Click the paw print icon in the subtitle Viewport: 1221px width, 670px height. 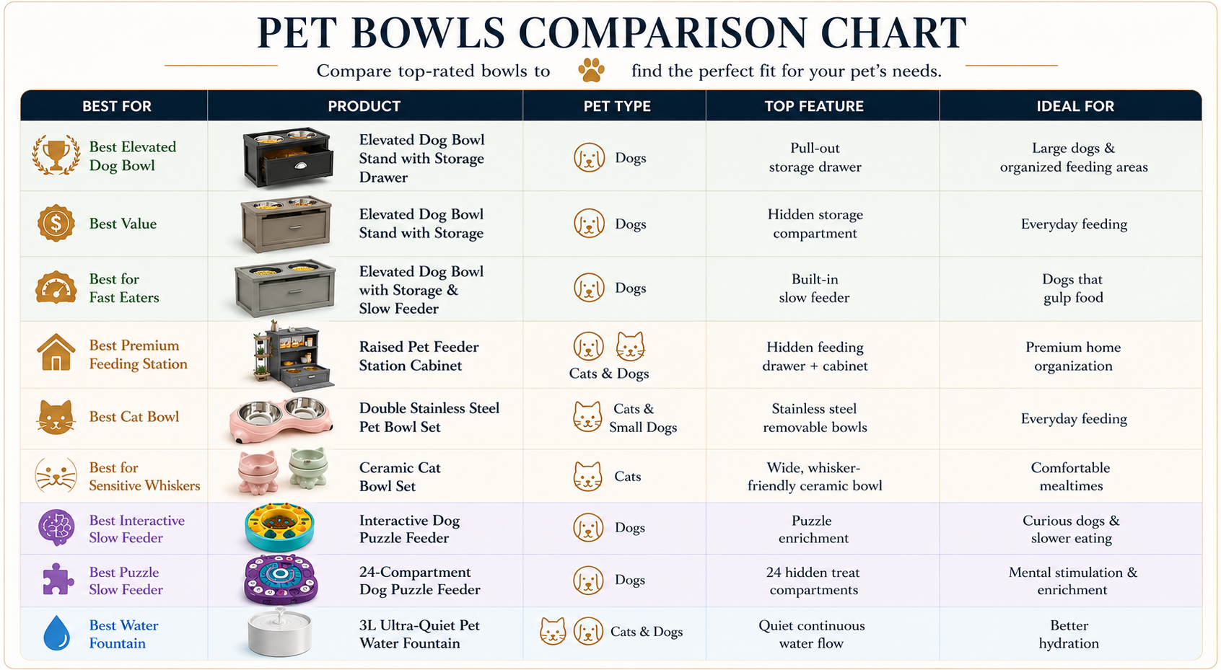click(x=591, y=70)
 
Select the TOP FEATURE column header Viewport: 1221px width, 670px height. click(x=814, y=106)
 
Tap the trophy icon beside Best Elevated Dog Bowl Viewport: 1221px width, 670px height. click(x=56, y=155)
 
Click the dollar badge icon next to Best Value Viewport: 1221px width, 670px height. click(x=56, y=224)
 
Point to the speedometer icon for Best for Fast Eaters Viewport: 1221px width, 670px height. click(x=56, y=287)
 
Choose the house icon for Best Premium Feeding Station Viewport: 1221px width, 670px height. click(x=56, y=353)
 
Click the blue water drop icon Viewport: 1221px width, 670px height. click(x=57, y=633)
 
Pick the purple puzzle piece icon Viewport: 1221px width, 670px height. click(x=57, y=580)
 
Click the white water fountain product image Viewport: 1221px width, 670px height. click(x=279, y=633)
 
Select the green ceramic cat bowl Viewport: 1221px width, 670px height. click(x=309, y=468)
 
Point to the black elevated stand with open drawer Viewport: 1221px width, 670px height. click(x=287, y=157)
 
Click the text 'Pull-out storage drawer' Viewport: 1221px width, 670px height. click(x=815, y=157)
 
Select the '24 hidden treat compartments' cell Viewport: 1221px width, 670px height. click(x=813, y=581)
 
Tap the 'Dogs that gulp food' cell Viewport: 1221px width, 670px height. click(x=1073, y=288)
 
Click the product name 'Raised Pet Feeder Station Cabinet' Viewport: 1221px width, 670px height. click(x=419, y=356)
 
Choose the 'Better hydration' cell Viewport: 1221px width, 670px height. click(x=1069, y=634)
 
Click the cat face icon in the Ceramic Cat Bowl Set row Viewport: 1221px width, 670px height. click(x=587, y=476)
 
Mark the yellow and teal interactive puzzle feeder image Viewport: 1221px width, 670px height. click(x=279, y=526)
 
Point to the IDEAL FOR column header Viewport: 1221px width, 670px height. click(x=1075, y=106)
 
